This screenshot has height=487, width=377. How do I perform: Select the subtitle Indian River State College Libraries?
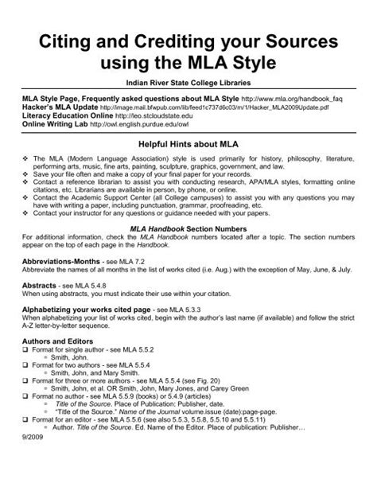pos(188,83)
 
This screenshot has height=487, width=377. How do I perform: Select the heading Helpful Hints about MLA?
pos(188,146)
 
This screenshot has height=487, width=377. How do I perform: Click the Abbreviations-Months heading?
pos(67,282)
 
